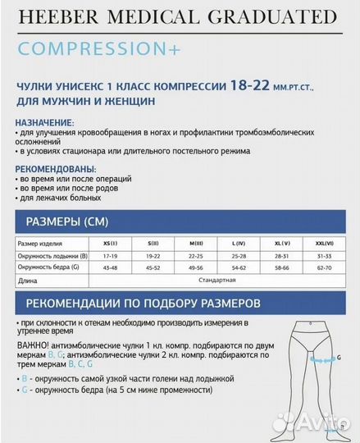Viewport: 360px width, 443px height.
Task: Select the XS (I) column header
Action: pos(110,244)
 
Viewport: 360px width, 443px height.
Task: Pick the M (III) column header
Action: pos(196,244)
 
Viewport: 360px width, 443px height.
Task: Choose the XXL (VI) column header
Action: pos(323,244)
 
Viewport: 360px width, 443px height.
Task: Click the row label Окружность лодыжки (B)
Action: pos(52,255)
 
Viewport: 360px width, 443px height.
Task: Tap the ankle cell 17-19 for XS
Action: pos(110,255)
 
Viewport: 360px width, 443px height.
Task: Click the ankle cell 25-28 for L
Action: pos(239,255)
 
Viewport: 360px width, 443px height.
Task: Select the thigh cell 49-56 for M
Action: pos(196,267)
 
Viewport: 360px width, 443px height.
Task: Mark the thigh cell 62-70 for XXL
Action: pos(323,267)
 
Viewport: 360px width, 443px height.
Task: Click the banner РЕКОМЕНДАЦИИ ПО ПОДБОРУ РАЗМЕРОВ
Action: pos(144,302)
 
